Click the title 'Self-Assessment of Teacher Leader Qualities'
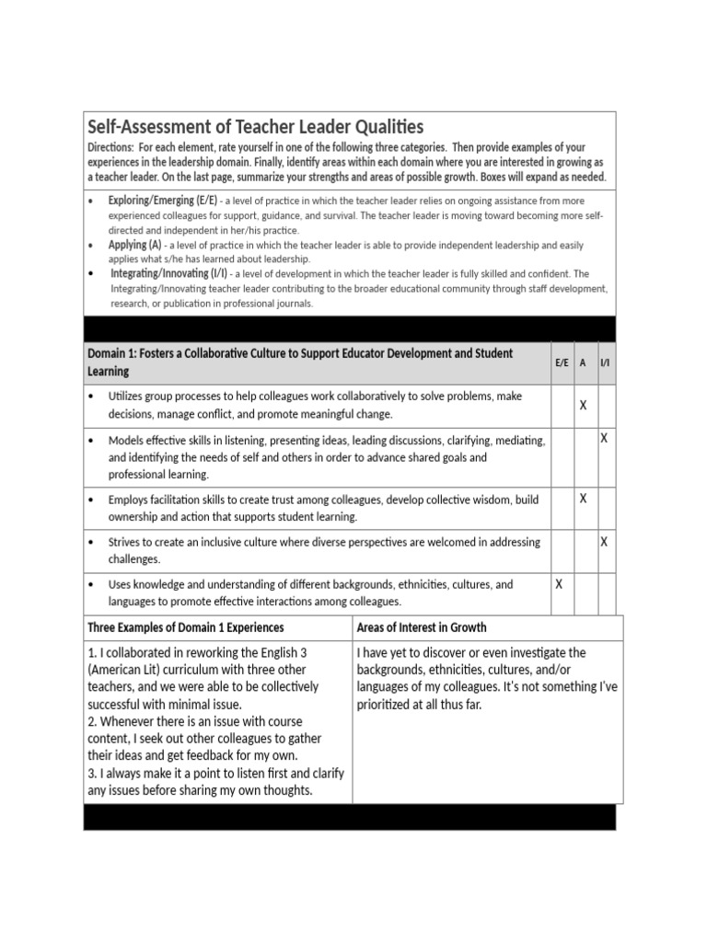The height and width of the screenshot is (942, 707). pos(255,127)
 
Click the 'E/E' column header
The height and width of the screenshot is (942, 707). pos(562,363)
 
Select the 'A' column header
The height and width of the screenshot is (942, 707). pos(583,363)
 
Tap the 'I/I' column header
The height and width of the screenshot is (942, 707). pos(604,363)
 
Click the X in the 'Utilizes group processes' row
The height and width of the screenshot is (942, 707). pos(583,405)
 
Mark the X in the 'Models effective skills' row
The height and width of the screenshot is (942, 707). pos(604,439)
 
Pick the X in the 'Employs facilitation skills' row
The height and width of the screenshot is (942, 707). pos(583,499)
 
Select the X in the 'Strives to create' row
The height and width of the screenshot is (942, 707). pos(604,542)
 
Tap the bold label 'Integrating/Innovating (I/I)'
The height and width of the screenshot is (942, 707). pos(169,273)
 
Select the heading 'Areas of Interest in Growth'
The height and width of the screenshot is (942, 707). pos(422,627)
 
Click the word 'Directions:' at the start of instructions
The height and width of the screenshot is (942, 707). pos(110,148)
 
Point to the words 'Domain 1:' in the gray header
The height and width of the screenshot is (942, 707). pos(111,353)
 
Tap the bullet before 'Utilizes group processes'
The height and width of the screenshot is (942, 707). pos(91,396)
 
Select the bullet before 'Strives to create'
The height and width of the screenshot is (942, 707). pos(91,543)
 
